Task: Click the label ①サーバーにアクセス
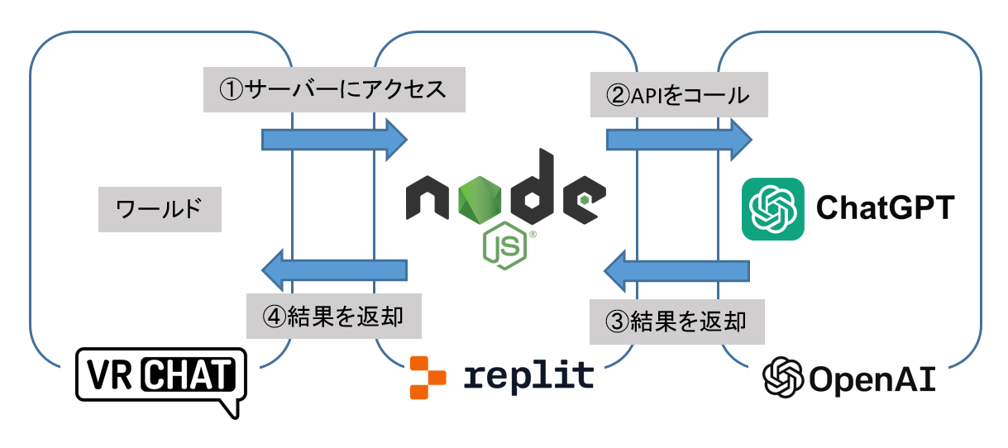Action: [x=334, y=88]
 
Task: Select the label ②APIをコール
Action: [x=678, y=95]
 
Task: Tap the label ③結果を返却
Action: [x=676, y=322]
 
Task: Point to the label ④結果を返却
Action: [x=334, y=315]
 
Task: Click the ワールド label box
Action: [x=160, y=207]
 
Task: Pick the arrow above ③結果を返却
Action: [x=677, y=270]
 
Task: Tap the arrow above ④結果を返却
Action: [x=334, y=269]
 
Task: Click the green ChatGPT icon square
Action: [x=772, y=208]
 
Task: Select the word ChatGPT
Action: [x=886, y=208]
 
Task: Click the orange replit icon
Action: [x=427, y=377]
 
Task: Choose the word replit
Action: [x=529, y=375]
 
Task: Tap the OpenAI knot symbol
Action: [x=783, y=379]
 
